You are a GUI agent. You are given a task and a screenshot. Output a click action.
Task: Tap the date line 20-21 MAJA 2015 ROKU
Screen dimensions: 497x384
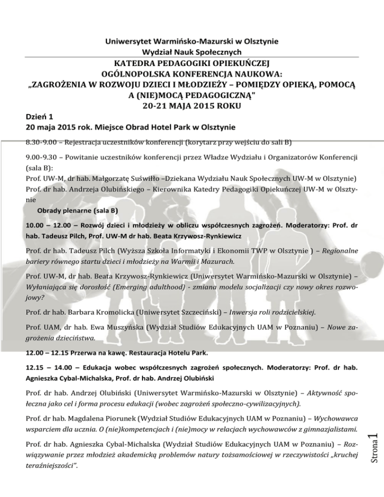point(191,105)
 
